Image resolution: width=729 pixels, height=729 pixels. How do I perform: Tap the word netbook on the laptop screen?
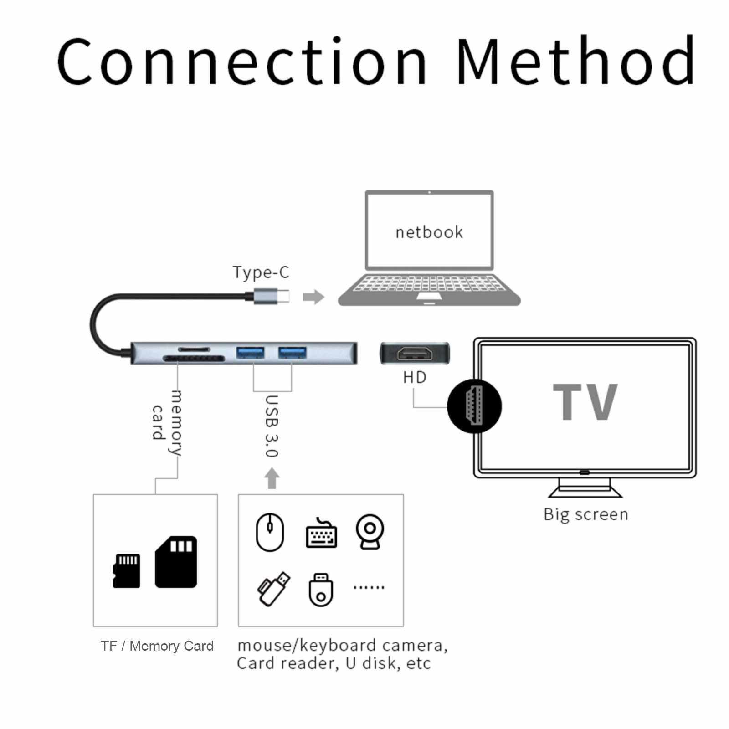click(x=429, y=232)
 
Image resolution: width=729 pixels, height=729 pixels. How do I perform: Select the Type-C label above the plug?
click(x=261, y=272)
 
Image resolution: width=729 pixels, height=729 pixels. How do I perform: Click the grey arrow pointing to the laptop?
click(x=313, y=297)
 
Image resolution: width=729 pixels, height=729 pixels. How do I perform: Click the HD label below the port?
click(x=415, y=377)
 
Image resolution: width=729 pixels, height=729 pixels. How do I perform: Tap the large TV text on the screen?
click(x=585, y=402)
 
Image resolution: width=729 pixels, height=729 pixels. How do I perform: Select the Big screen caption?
click(x=586, y=514)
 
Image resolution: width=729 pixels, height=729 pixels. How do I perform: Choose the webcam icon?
click(x=370, y=532)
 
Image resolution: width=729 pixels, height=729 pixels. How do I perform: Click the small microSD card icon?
click(x=126, y=570)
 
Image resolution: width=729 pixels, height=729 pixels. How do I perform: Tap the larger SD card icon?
click(x=176, y=561)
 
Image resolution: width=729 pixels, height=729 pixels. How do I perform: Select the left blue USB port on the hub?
click(x=250, y=353)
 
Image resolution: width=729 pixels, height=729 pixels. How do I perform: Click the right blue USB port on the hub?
click(x=293, y=353)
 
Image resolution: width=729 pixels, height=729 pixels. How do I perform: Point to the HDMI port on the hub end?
click(x=415, y=353)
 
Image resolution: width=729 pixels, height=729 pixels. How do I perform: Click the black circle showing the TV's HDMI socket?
click(x=474, y=406)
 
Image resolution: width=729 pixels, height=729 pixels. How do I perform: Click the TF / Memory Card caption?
click(x=157, y=646)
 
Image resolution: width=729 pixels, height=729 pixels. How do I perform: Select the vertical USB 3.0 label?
click(x=272, y=426)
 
